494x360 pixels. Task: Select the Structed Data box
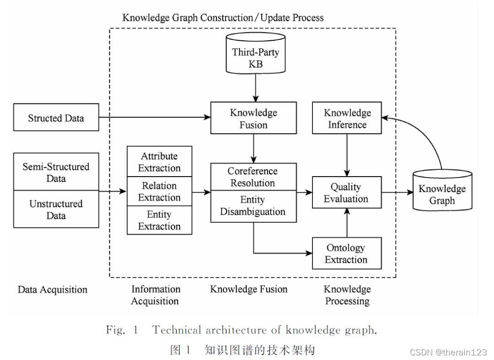[x=56, y=118]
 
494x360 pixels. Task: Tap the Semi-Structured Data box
[x=56, y=172]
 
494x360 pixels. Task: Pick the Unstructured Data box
[x=56, y=209]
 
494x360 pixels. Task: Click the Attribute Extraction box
[x=159, y=161]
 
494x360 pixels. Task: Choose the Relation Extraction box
[x=159, y=191]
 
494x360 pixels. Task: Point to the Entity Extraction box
[x=159, y=220]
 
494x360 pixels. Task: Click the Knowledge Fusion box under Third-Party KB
[x=253, y=118]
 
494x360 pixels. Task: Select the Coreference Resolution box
[x=252, y=177]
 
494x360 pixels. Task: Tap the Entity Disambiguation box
[x=252, y=205]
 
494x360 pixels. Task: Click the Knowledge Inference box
[x=347, y=118]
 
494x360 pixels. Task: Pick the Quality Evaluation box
[x=346, y=193]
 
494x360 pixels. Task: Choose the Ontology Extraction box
[x=346, y=253]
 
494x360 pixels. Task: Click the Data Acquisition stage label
[x=52, y=290]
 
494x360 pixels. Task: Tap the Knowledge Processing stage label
[x=347, y=295]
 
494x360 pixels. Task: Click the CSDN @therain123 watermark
[x=448, y=352]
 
